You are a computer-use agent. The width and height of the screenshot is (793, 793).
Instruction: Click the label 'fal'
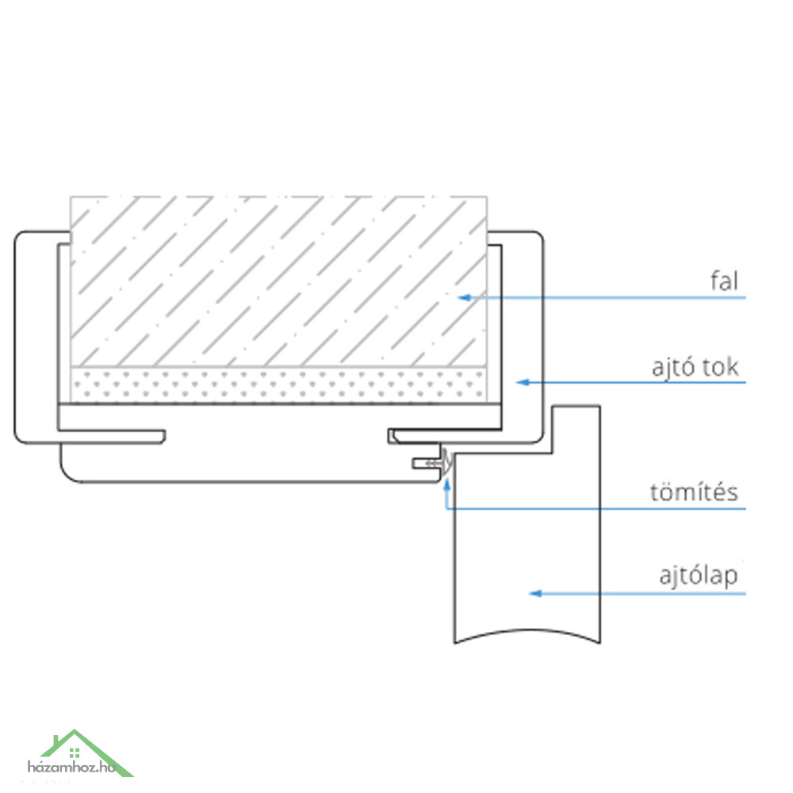click(724, 282)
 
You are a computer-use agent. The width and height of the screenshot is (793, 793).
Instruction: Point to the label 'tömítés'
click(694, 492)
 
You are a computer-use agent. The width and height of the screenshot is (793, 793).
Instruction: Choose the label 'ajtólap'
click(699, 576)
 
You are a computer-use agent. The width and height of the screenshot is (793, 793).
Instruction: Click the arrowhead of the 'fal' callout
click(464, 297)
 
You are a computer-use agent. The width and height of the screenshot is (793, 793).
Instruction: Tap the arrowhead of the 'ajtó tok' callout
click(523, 382)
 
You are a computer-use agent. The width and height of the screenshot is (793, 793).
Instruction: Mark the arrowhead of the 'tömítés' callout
click(446, 485)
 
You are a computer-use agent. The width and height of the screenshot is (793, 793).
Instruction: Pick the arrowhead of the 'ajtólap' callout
click(535, 593)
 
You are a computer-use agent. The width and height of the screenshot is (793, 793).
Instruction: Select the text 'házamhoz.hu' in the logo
click(71, 767)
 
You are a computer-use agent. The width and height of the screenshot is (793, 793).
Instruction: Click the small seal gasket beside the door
click(444, 462)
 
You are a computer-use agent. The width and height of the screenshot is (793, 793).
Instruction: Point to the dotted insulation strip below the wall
click(278, 385)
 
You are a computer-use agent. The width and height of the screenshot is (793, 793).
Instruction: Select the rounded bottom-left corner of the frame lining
click(69, 473)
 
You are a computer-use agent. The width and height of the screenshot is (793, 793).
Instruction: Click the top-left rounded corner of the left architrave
click(21, 238)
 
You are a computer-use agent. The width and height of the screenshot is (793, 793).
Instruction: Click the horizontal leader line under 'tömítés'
click(596, 508)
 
